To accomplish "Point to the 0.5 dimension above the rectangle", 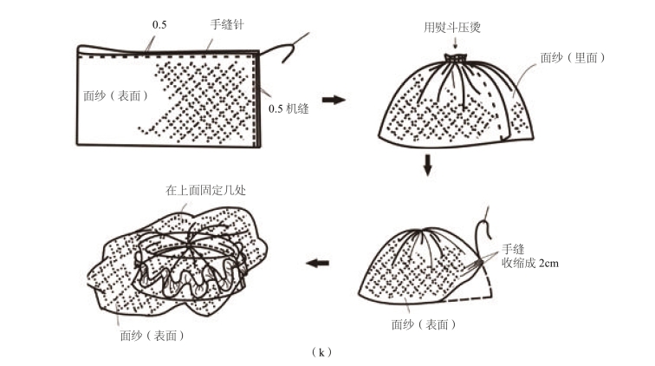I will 159,25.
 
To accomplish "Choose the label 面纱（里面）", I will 572,57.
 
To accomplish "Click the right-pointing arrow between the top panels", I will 333,100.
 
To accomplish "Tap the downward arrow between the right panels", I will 427,165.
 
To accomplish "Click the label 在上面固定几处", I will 206,189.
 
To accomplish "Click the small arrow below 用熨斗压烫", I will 454,43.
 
